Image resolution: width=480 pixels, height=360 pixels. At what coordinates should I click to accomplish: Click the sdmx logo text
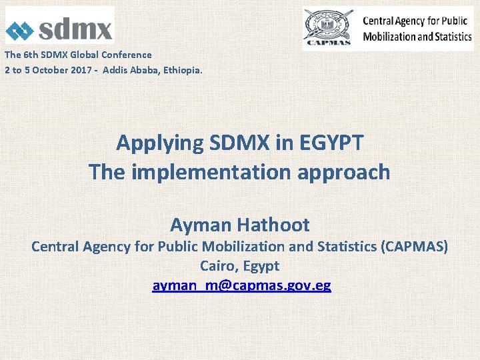75,29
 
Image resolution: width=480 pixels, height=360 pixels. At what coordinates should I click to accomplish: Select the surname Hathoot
276,224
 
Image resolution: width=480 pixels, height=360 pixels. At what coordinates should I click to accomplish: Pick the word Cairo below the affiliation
219,266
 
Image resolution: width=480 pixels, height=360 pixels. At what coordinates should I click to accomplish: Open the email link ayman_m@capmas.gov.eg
241,285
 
